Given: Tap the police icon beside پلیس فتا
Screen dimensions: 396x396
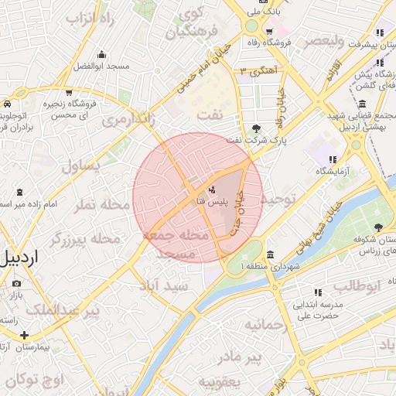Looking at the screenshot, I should coord(212,189).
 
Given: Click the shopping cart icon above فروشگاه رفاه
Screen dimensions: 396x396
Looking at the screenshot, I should coord(268,32).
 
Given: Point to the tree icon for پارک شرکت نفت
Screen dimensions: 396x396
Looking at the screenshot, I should coord(256,128).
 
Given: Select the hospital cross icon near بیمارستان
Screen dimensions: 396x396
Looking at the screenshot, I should coord(25,336).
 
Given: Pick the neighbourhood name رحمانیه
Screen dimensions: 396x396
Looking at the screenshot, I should coord(265,326).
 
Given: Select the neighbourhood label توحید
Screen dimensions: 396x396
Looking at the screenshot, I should coord(277,199).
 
